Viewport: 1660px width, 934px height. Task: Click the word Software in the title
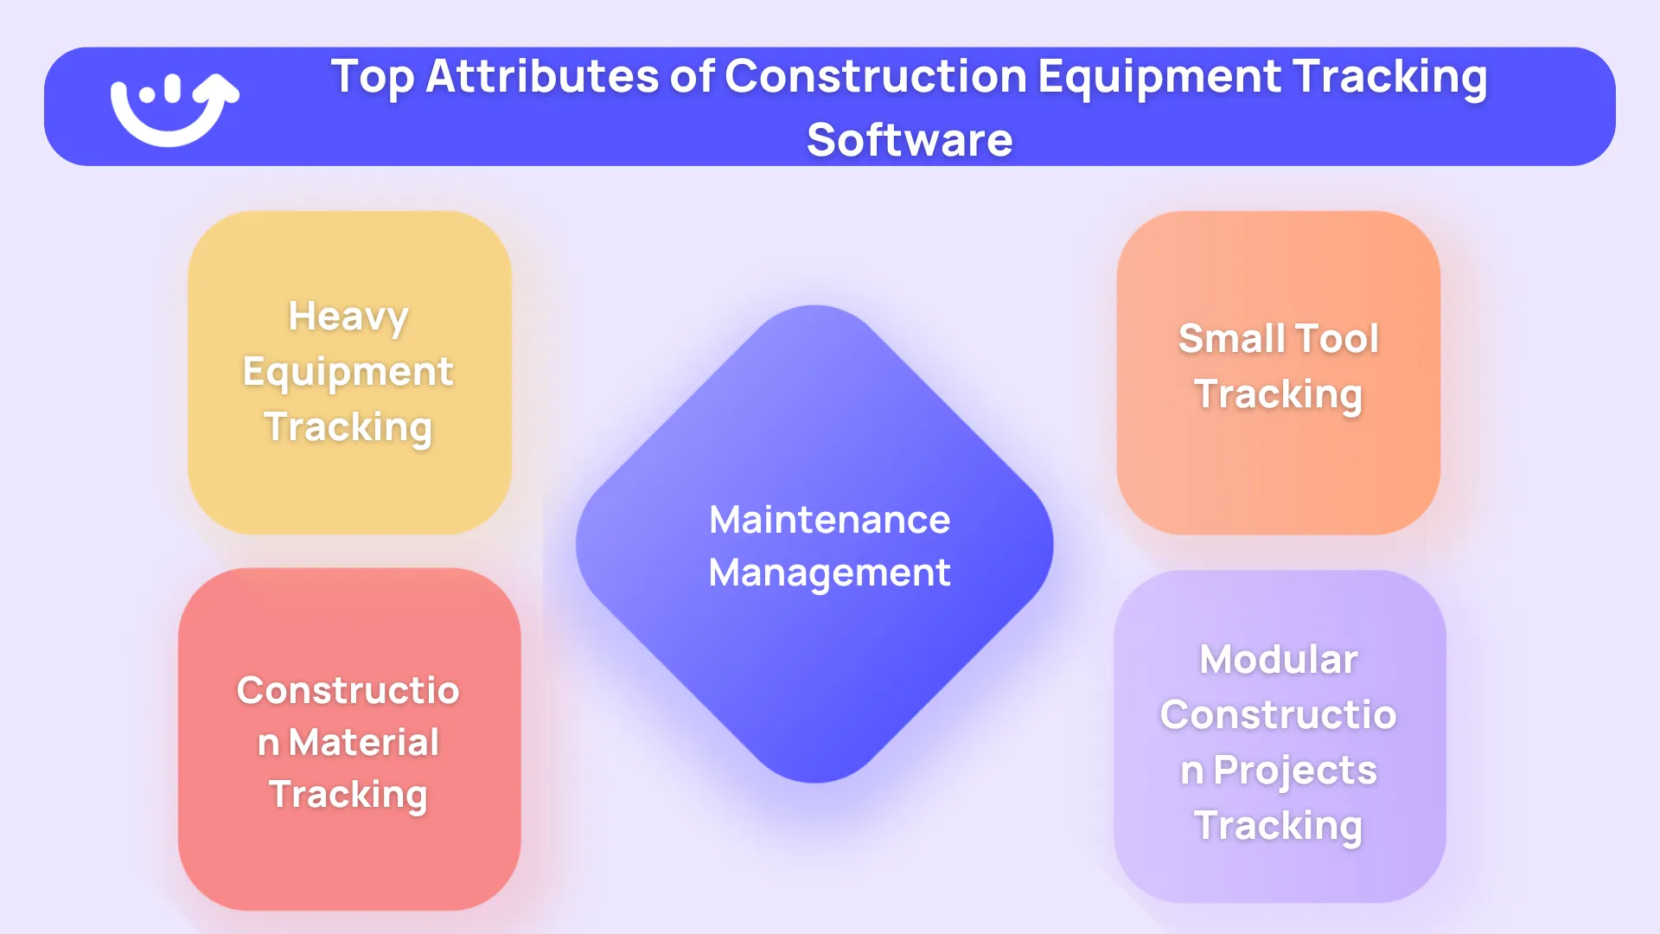click(x=910, y=140)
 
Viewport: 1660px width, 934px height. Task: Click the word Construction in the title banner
click(x=876, y=76)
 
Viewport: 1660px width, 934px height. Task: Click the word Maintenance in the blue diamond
click(x=830, y=520)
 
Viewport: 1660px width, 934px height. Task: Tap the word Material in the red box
click(x=364, y=742)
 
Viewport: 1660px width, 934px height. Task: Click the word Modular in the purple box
click(x=1279, y=659)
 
